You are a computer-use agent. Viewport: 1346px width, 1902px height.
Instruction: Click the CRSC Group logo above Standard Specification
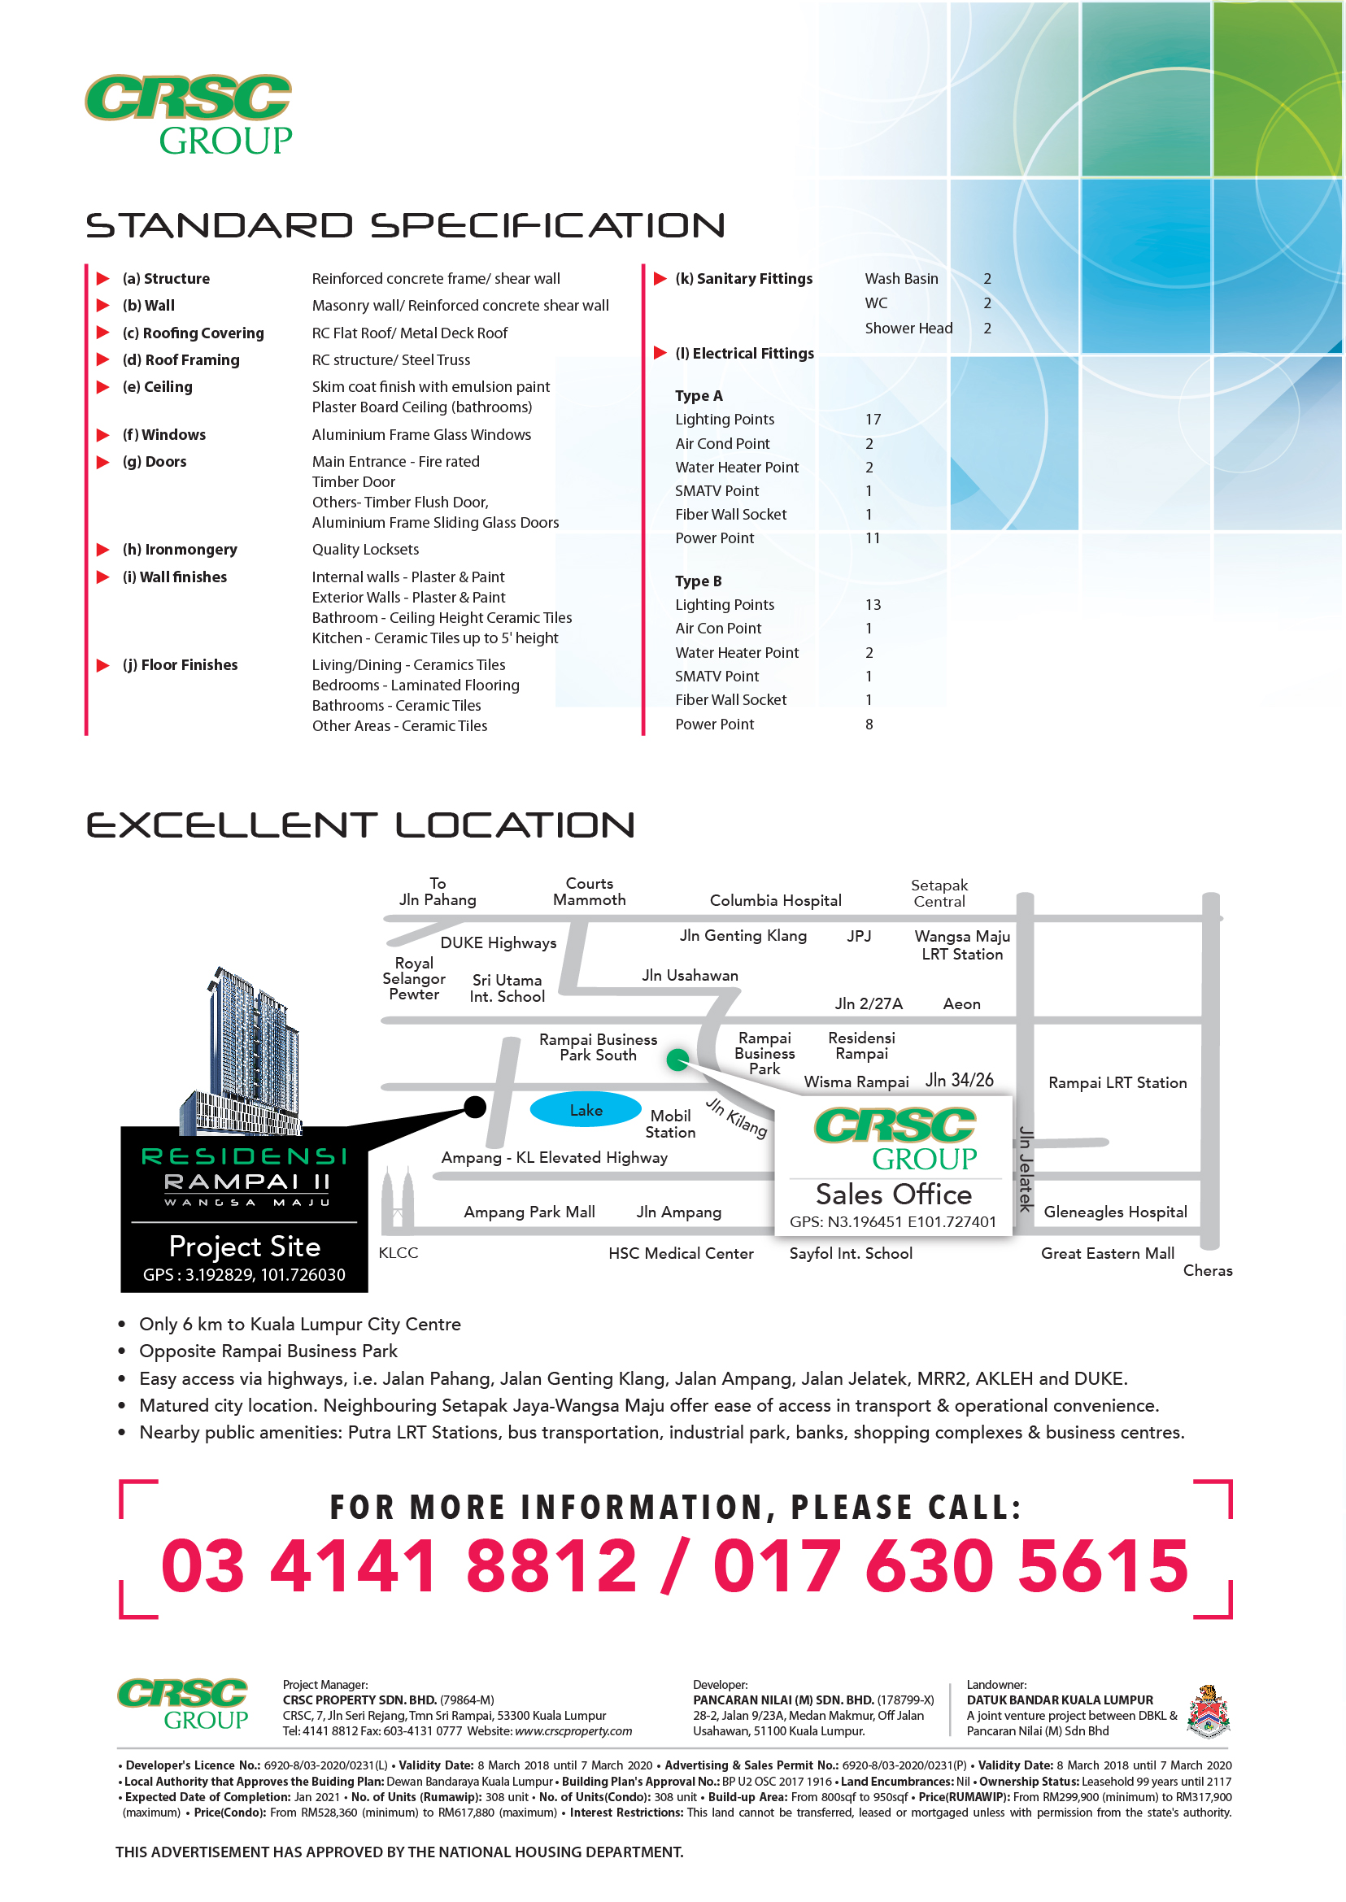coord(189,115)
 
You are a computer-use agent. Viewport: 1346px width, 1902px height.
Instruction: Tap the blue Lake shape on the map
coord(585,1110)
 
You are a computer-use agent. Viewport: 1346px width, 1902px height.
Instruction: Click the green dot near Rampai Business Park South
coord(677,1060)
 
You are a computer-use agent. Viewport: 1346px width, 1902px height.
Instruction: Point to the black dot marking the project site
coord(475,1107)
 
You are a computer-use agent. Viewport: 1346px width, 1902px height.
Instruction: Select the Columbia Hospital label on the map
coord(775,901)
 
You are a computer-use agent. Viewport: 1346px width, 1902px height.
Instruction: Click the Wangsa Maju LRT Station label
coord(961,946)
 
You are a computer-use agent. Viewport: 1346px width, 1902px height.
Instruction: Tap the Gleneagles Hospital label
coord(1115,1212)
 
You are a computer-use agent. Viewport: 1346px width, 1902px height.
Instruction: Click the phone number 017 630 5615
coord(951,1566)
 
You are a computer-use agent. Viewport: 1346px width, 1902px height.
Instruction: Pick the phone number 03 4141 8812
coord(399,1566)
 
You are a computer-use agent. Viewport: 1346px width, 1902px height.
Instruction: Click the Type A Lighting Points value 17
coord(873,420)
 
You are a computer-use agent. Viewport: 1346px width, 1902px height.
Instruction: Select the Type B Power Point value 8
coord(869,725)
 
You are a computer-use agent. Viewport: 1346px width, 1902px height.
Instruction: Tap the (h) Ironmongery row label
coord(180,550)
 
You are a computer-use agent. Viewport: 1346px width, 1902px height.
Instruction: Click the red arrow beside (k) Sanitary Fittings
coord(660,278)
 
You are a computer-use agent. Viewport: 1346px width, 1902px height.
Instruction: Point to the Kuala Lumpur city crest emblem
coord(1208,1711)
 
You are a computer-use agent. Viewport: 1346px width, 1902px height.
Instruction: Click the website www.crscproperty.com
coord(573,1731)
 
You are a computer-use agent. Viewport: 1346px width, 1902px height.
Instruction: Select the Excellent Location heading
coord(360,825)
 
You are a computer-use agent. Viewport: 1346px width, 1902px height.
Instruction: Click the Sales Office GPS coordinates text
coord(893,1221)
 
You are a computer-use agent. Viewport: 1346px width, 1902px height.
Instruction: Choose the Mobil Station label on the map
coord(670,1124)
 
